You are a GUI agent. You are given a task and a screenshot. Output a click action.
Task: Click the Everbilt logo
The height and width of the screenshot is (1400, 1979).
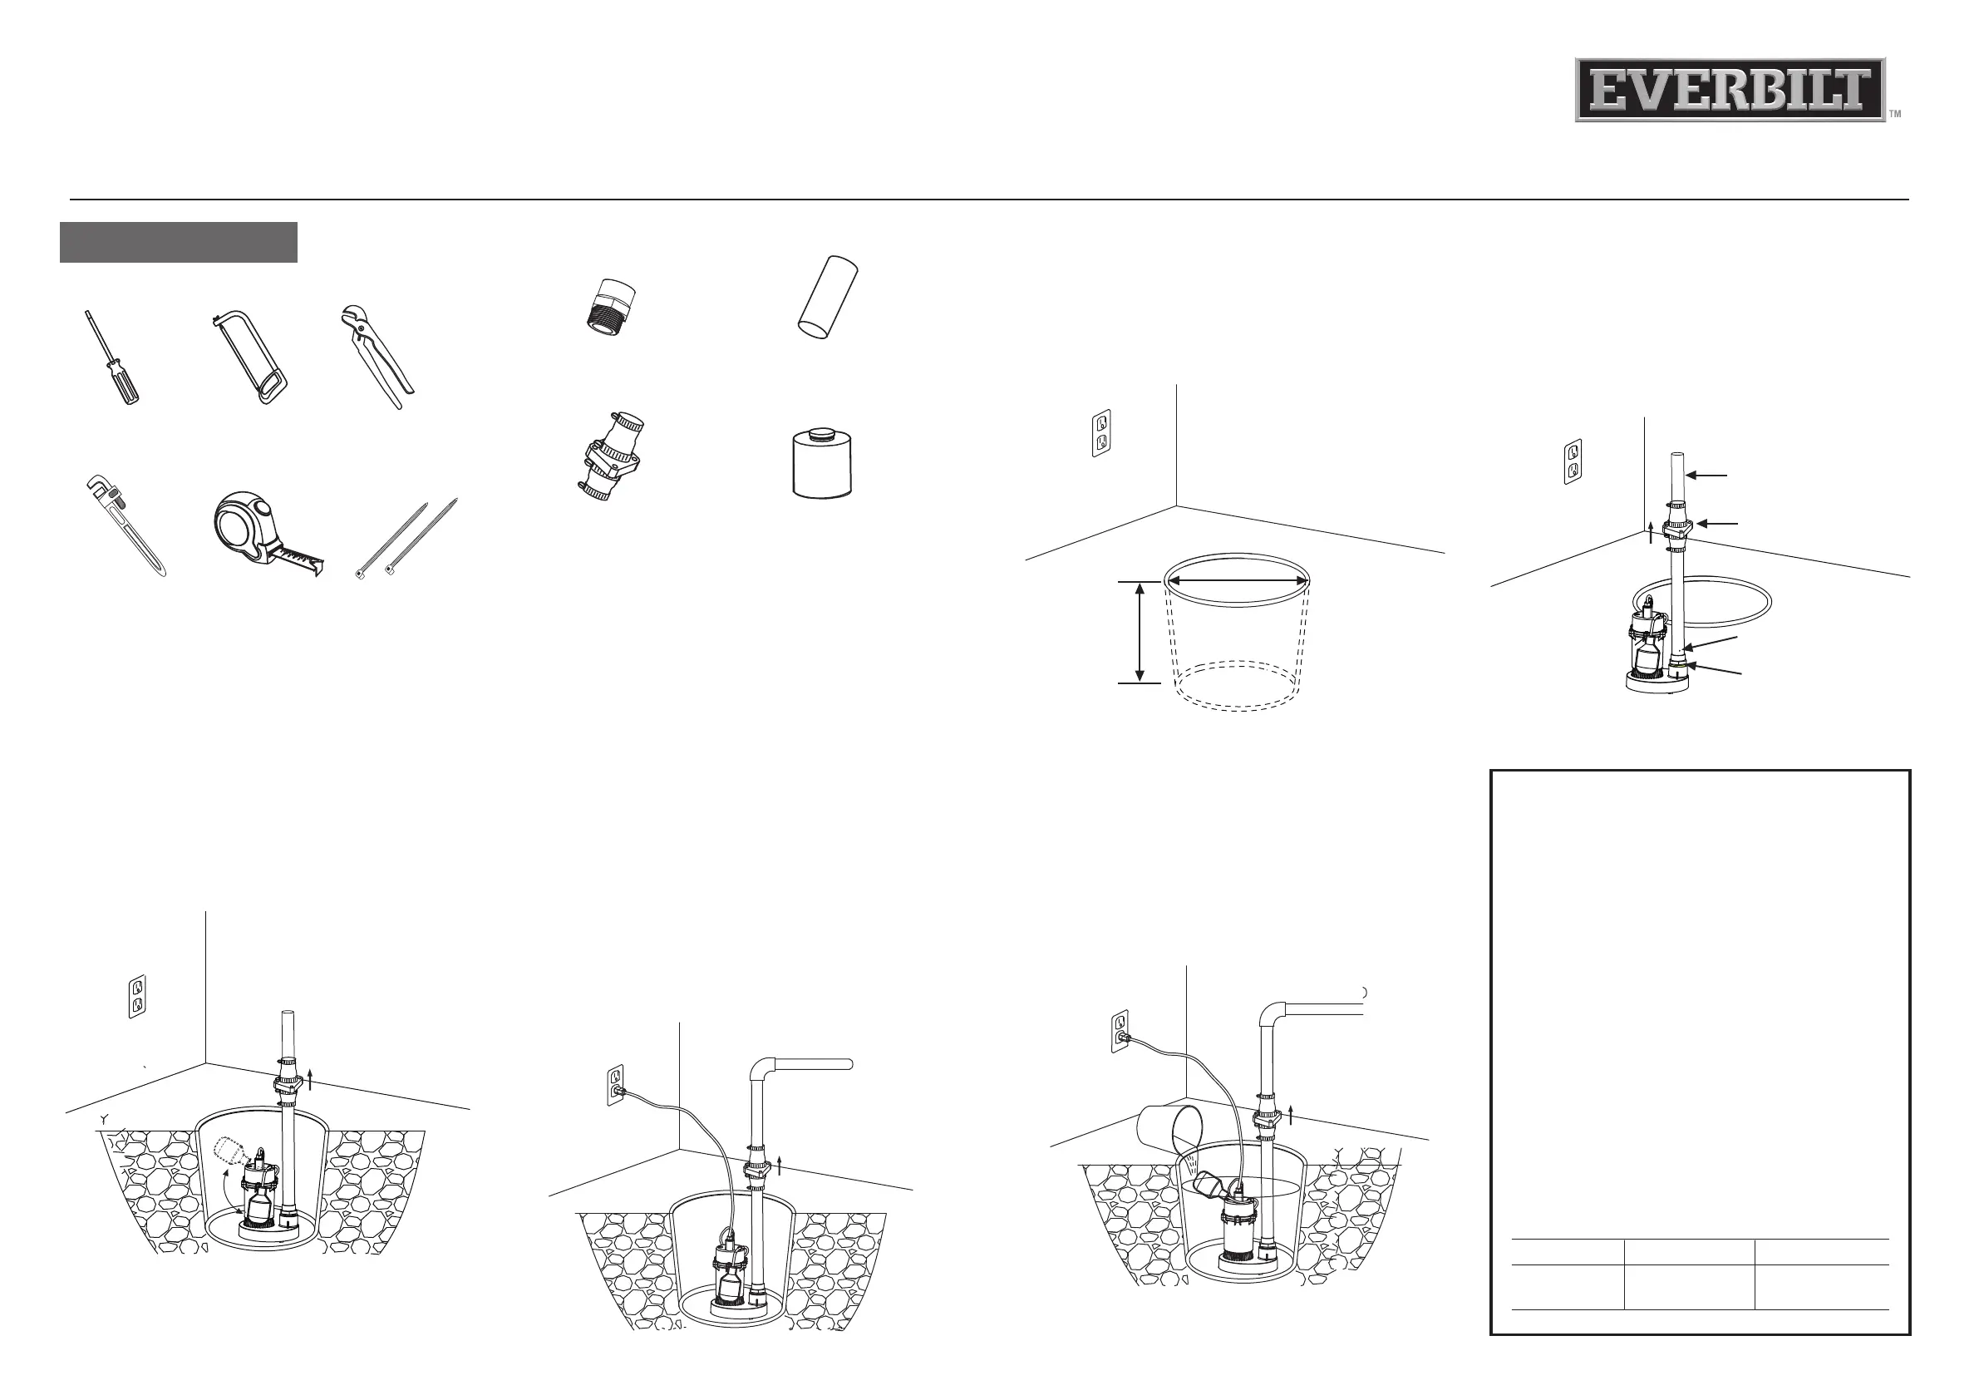1729,90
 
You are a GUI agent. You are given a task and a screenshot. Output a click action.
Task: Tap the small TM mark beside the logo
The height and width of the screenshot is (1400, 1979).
1894,114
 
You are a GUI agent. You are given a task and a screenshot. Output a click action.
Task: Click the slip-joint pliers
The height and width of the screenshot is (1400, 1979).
377,356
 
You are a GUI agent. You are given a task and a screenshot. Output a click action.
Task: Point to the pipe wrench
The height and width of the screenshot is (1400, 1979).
125,523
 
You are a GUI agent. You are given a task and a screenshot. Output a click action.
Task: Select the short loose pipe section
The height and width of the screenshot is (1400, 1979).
827,298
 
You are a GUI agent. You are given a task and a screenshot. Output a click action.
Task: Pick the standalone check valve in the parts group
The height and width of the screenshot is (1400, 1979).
611,457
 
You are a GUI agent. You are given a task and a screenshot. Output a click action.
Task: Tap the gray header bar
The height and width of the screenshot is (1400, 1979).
179,242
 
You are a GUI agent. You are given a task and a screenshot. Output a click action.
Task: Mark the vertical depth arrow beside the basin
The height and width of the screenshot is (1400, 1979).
1140,633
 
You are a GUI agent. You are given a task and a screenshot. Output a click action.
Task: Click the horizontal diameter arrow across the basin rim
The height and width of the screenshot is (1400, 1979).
1237,581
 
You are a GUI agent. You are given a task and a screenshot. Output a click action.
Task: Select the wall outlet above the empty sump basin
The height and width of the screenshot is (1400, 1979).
1100,433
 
